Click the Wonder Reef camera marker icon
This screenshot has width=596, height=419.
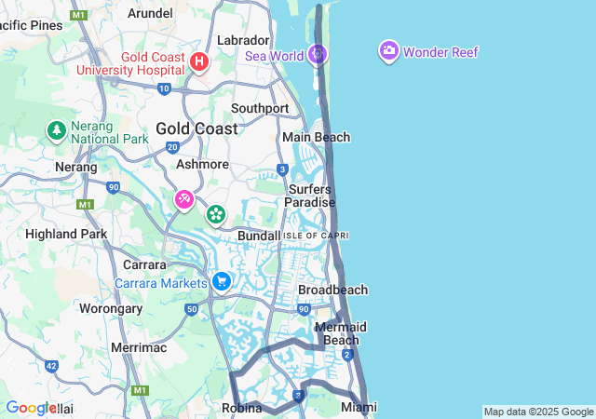click(389, 51)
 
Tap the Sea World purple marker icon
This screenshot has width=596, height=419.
click(318, 54)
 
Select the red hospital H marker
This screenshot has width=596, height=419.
click(198, 61)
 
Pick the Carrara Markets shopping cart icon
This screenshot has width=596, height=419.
click(222, 281)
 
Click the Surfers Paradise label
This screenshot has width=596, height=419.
click(309, 196)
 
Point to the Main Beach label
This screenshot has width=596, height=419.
click(317, 137)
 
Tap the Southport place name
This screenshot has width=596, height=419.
click(260, 108)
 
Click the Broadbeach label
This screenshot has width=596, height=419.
click(332, 290)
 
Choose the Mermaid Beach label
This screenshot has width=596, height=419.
click(341, 333)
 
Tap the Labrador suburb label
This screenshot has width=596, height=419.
click(243, 40)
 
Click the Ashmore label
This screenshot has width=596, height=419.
click(202, 164)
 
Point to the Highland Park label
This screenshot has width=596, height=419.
click(66, 234)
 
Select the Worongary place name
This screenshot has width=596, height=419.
click(111, 308)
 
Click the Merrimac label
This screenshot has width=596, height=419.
click(139, 347)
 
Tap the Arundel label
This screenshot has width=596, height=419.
click(150, 13)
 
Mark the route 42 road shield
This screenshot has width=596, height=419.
click(50, 367)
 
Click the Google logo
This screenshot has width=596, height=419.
click(32, 408)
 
